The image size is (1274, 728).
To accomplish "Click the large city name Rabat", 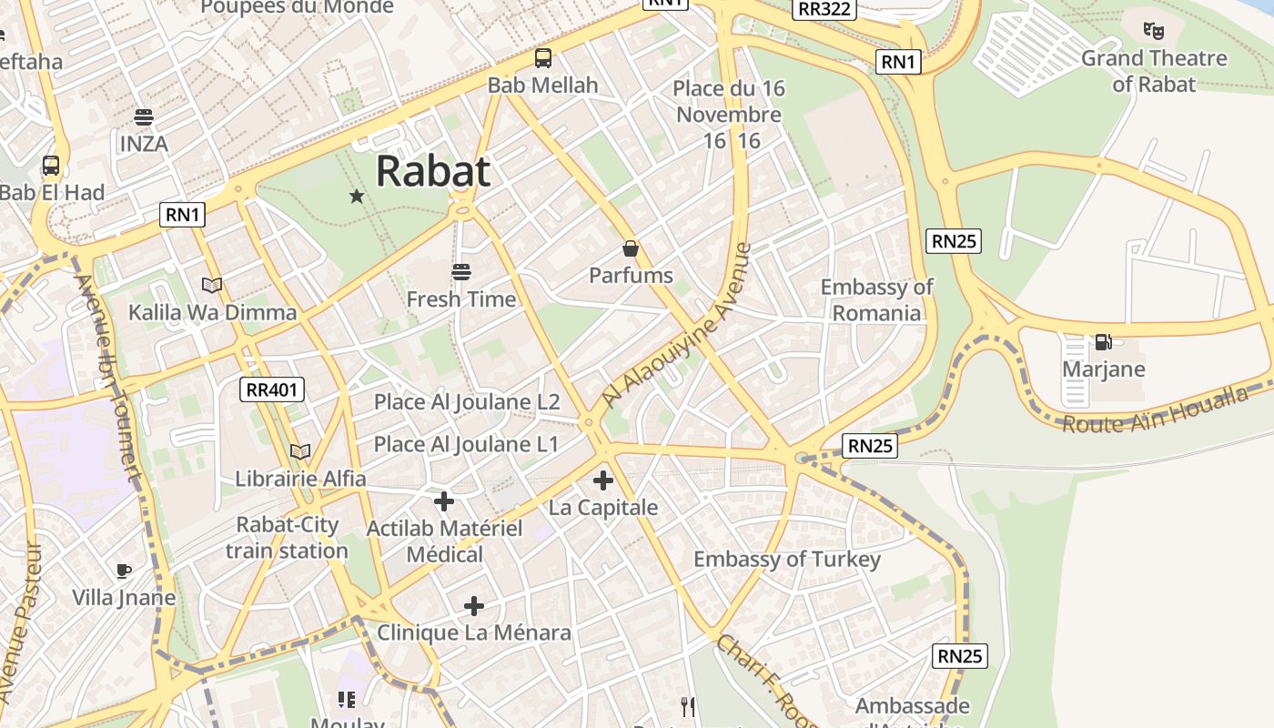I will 433,171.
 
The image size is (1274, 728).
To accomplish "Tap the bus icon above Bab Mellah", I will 543,58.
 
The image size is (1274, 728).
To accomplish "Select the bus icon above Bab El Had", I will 51,166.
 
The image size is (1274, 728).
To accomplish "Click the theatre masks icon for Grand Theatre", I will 1154,31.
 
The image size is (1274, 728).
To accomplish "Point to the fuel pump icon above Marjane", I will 1103,342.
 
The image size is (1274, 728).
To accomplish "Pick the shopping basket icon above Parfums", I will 630,248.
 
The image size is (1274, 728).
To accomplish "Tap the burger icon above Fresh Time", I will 460,272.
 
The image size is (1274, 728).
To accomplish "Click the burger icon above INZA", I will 143,117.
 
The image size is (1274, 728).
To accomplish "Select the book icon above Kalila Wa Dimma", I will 212,286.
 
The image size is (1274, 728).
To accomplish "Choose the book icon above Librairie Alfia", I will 300,451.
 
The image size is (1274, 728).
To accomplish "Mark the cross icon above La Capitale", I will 602,480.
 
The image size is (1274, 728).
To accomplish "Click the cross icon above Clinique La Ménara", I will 473,605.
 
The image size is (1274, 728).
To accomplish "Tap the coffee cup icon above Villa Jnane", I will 124,571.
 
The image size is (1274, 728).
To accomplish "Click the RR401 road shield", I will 272,390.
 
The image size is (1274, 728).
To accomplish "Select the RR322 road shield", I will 824,9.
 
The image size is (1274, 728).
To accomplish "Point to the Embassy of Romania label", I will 876,300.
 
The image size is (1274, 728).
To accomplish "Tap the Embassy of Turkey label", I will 787,559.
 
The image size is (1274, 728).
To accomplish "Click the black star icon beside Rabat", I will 357,196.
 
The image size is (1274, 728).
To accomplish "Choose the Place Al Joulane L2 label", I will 467,401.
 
